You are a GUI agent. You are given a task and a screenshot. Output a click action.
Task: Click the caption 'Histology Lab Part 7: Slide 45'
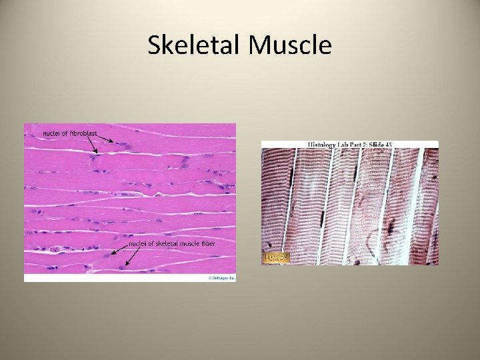tap(350, 144)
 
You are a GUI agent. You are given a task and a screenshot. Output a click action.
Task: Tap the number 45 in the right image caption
tap(388, 144)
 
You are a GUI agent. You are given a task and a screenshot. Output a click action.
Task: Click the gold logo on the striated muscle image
tap(276, 257)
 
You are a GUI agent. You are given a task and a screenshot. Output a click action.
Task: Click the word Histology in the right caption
tap(323, 144)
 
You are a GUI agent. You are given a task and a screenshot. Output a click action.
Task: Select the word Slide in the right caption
tap(373, 144)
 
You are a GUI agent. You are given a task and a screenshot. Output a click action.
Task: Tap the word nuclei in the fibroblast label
tap(51, 133)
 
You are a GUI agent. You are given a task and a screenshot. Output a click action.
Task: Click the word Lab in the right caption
tap(344, 144)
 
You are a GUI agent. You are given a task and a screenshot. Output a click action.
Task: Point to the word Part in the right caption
tap(355, 144)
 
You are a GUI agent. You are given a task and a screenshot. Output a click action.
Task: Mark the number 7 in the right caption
tap(363, 144)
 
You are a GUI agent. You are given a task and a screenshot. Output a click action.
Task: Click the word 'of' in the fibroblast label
tap(64, 133)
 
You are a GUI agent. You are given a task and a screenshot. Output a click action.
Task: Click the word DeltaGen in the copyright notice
tap(218, 277)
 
